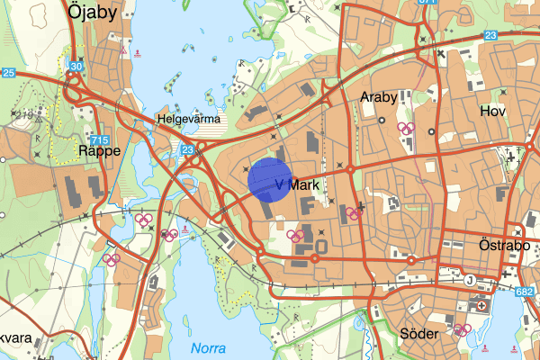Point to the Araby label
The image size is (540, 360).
(x=378, y=95)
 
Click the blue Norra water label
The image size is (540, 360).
(x=209, y=347)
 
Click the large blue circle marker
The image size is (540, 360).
(x=270, y=179)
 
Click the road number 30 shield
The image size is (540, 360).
(x=76, y=67)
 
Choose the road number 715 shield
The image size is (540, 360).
(x=100, y=140)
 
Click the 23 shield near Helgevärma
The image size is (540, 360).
(x=187, y=150)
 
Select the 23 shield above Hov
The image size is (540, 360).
(x=490, y=35)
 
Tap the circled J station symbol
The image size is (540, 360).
(x=469, y=279)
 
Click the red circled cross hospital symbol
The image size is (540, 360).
(x=481, y=305)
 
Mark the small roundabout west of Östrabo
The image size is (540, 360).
(x=410, y=261)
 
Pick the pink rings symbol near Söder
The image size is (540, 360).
(x=463, y=330)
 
